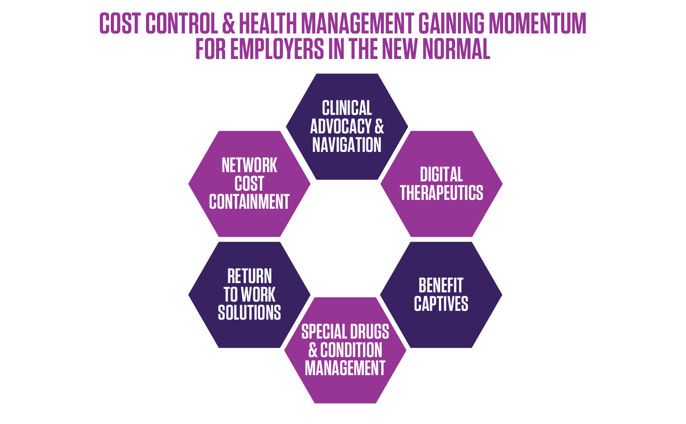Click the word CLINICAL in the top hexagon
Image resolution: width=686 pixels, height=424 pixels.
click(x=347, y=108)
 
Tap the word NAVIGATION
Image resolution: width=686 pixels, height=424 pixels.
click(x=347, y=145)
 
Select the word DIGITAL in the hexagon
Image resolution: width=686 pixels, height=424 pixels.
click(x=442, y=174)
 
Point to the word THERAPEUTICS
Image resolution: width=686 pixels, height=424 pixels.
click(x=442, y=193)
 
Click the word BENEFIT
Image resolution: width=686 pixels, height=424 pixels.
click(x=441, y=285)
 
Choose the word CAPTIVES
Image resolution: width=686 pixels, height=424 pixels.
click(x=441, y=304)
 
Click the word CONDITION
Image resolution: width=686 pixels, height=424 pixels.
click(x=351, y=350)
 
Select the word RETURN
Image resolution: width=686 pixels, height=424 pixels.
click(x=249, y=276)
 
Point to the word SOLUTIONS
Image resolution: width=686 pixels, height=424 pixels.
click(x=249, y=313)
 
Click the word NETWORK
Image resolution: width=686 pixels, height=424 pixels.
click(x=249, y=165)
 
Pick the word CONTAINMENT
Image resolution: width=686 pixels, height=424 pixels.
click(x=249, y=202)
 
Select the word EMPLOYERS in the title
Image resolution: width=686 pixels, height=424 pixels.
click(x=277, y=49)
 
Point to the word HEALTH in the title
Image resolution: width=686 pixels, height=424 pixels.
click(x=268, y=23)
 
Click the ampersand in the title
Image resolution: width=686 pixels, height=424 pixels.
click(x=229, y=23)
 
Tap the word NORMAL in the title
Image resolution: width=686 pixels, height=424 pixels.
click(x=456, y=49)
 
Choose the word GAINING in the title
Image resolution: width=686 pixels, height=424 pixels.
click(x=451, y=23)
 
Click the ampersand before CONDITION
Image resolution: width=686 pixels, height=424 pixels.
click(x=313, y=350)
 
